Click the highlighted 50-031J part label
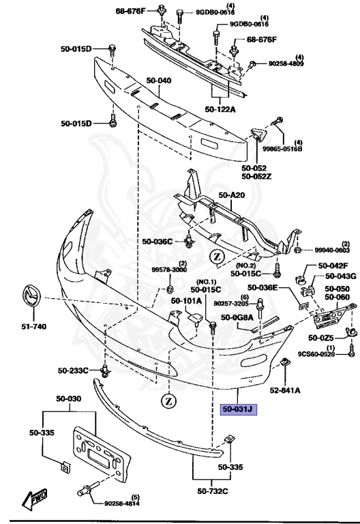(238, 409)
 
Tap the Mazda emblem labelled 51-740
(32, 296)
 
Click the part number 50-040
(159, 81)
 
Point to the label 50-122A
(220, 109)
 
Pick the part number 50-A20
(231, 195)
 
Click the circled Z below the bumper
(168, 401)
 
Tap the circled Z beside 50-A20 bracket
(217, 257)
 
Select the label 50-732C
(213, 491)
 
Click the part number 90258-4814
(122, 504)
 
